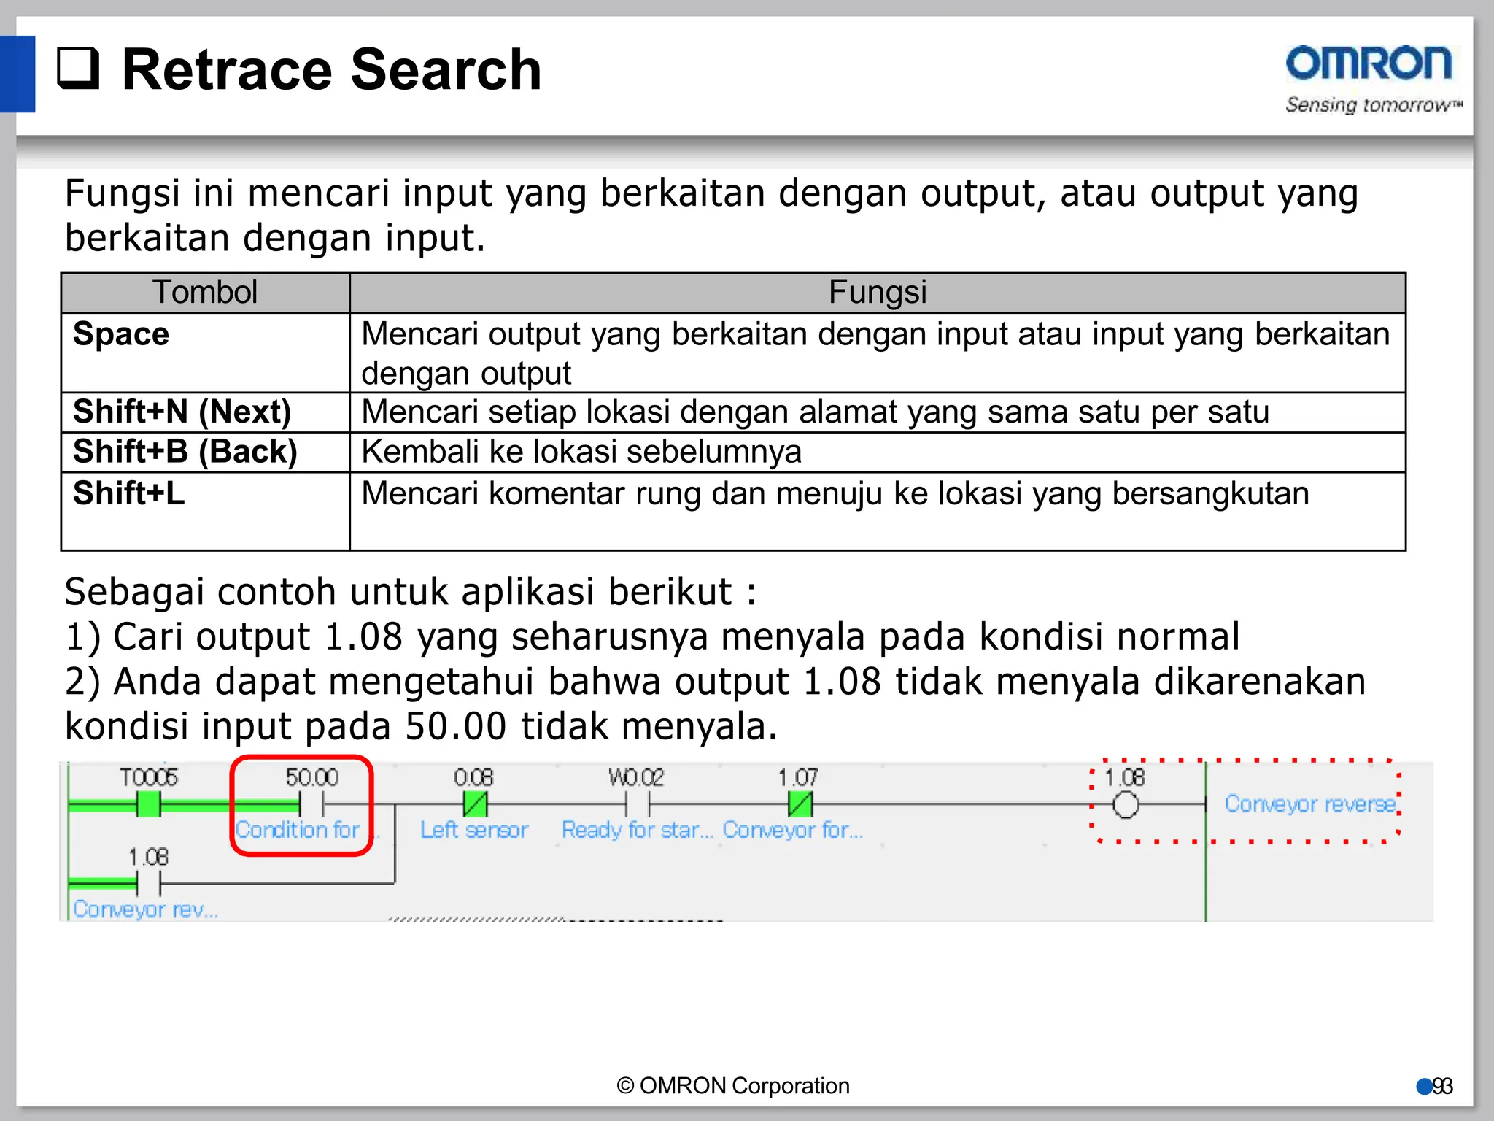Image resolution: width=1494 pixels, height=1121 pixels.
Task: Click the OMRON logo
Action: click(1369, 63)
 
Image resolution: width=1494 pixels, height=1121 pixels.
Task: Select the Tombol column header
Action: click(205, 293)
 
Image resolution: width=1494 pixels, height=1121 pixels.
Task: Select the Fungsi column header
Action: click(877, 293)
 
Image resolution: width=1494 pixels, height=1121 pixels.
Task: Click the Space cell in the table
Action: click(121, 334)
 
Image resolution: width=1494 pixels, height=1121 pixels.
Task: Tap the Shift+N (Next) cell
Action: click(182, 412)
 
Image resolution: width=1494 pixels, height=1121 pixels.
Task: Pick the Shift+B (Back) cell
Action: click(185, 452)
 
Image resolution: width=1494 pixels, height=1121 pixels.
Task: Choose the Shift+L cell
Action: click(128, 493)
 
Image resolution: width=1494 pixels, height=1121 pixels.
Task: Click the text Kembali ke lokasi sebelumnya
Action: click(581, 452)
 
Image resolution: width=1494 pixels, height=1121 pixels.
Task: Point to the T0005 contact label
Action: click(149, 777)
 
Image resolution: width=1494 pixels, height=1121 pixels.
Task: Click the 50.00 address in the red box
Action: click(312, 777)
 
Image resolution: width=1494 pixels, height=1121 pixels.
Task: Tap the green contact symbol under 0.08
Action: click(475, 804)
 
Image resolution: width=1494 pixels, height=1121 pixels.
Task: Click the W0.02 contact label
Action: click(636, 777)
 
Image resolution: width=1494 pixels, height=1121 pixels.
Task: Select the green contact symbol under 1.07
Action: click(800, 804)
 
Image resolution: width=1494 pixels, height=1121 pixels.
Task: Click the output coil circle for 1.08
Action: click(1126, 805)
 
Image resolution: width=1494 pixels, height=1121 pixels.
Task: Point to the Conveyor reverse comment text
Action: click(1310, 804)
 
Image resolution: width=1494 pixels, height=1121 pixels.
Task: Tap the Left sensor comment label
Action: click(474, 830)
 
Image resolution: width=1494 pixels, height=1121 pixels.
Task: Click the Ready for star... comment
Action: click(637, 830)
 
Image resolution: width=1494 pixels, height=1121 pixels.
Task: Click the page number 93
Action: click(1442, 1087)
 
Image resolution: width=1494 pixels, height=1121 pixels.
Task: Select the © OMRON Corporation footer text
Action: click(733, 1086)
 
